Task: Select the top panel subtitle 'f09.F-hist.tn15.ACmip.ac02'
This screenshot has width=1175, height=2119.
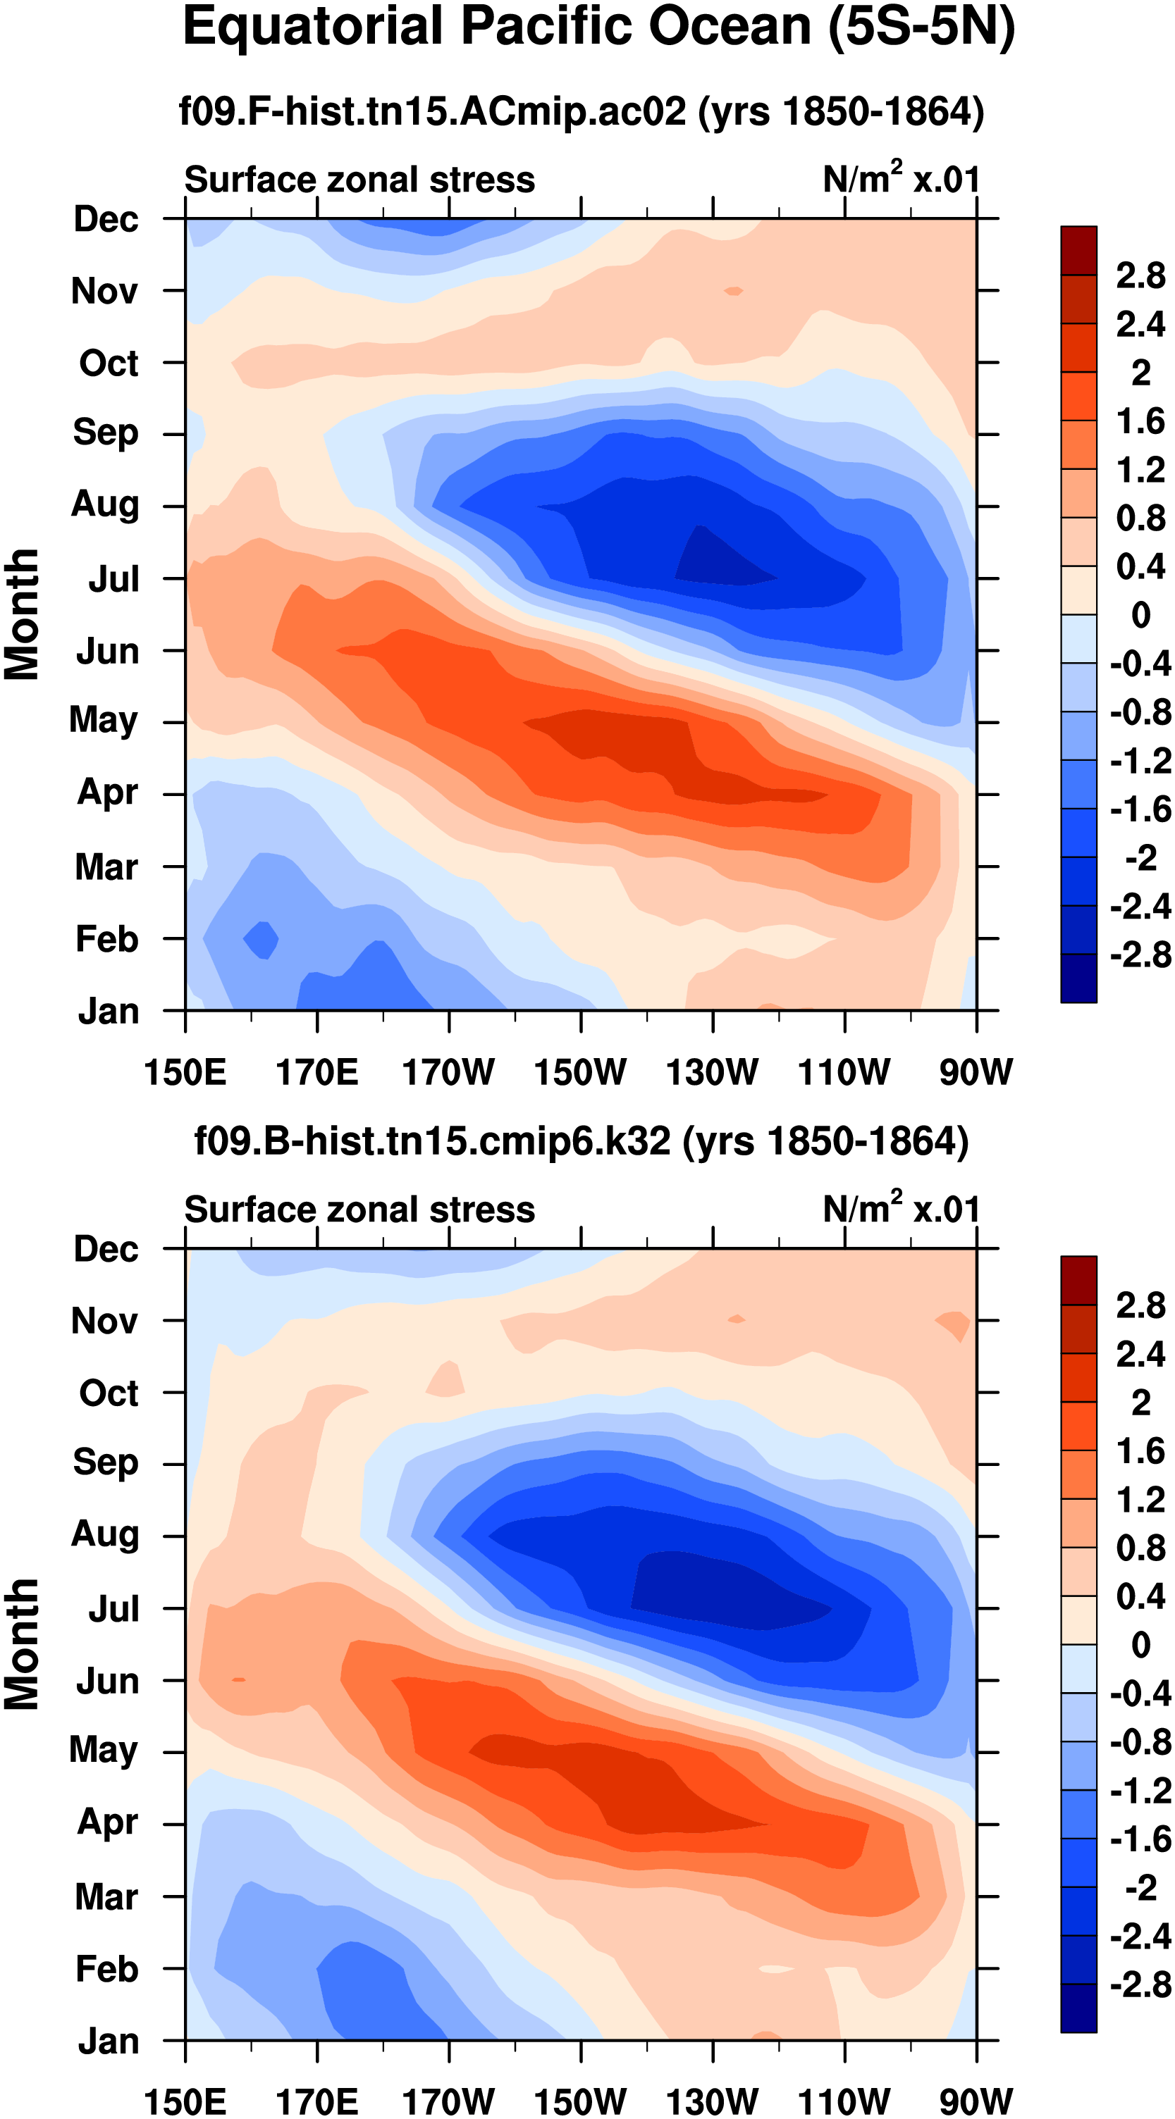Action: pyautogui.click(x=432, y=111)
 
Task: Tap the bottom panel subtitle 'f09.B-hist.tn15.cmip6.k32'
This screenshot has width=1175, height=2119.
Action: pyautogui.click(x=432, y=1141)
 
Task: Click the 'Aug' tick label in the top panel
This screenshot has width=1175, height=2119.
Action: pyautogui.click(x=104, y=504)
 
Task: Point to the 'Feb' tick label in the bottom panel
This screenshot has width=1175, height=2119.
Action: pyautogui.click(x=106, y=1969)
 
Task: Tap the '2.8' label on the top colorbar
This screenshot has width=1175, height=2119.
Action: pyautogui.click(x=1140, y=275)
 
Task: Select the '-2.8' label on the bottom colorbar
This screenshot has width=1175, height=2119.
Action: pyautogui.click(x=1140, y=1985)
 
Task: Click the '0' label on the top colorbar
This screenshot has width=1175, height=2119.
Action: pyautogui.click(x=1140, y=614)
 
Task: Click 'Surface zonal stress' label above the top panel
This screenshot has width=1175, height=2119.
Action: pyautogui.click(x=359, y=180)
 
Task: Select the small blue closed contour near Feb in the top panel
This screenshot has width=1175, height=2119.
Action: pyautogui.click(x=262, y=938)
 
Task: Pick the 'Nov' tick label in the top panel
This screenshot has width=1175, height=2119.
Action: pyautogui.click(x=104, y=291)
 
